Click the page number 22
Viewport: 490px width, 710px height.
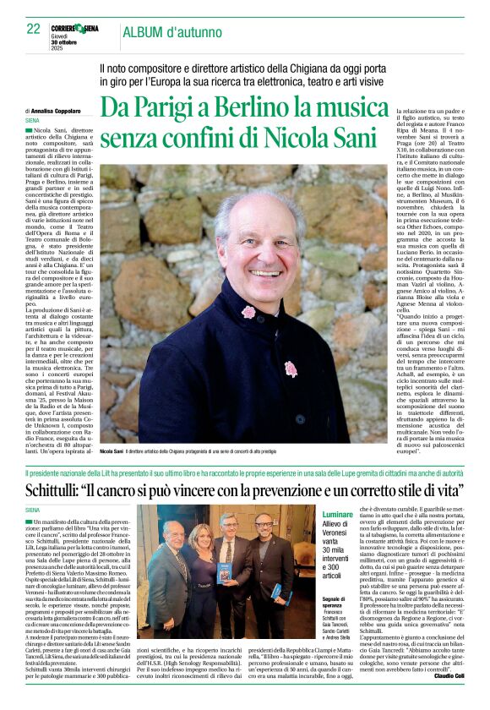tap(33, 29)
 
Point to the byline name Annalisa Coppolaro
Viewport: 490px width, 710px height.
tap(63, 111)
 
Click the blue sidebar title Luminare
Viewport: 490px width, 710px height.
tap(337, 513)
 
